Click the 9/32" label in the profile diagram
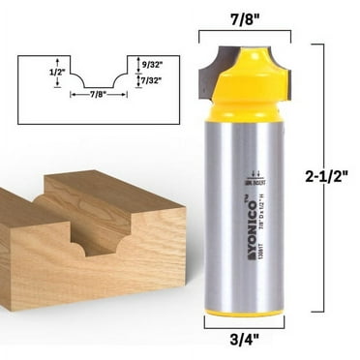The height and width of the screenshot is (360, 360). (151, 66)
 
